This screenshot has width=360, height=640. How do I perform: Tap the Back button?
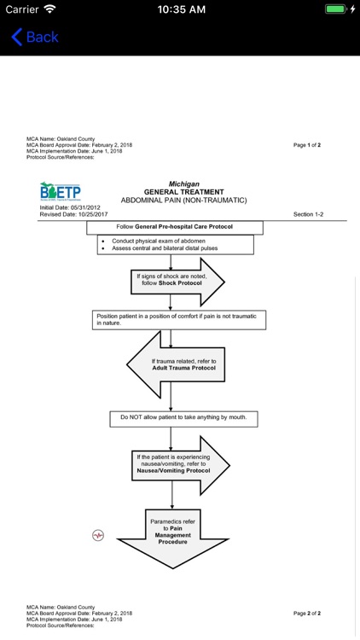[35, 37]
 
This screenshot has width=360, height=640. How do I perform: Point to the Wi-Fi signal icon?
[49, 9]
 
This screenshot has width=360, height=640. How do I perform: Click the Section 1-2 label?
[308, 214]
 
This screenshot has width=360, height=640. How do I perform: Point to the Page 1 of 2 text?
[307, 145]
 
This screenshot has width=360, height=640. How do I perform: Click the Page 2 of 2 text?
[307, 613]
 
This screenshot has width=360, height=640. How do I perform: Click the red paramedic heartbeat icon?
[98, 535]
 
